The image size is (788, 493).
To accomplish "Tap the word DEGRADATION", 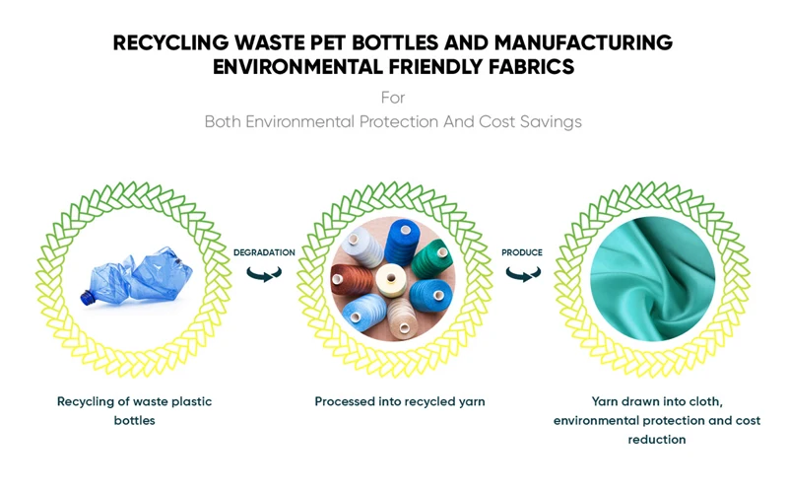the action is [x=264, y=252].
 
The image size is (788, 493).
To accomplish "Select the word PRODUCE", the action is [x=522, y=252].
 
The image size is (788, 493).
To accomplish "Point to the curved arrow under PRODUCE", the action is [x=521, y=273].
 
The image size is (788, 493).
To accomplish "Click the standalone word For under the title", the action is [x=393, y=99].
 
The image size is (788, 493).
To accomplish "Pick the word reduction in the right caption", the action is [x=656, y=440].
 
